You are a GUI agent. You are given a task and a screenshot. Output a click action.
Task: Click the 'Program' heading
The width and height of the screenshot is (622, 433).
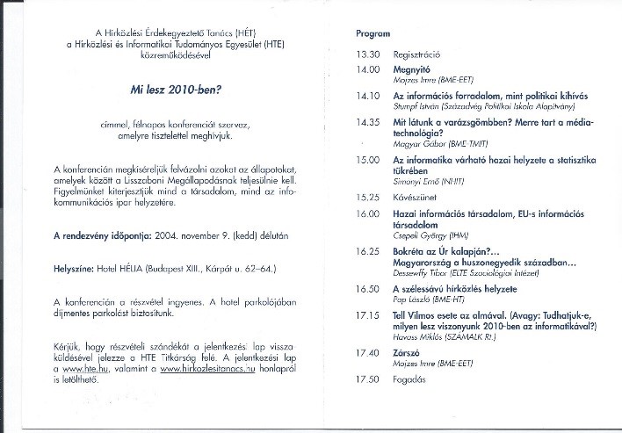pos(373,33)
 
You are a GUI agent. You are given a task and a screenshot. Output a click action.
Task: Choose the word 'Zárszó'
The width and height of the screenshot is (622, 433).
pos(407,352)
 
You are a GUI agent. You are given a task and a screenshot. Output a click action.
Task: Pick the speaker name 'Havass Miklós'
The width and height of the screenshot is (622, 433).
pos(420,335)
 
